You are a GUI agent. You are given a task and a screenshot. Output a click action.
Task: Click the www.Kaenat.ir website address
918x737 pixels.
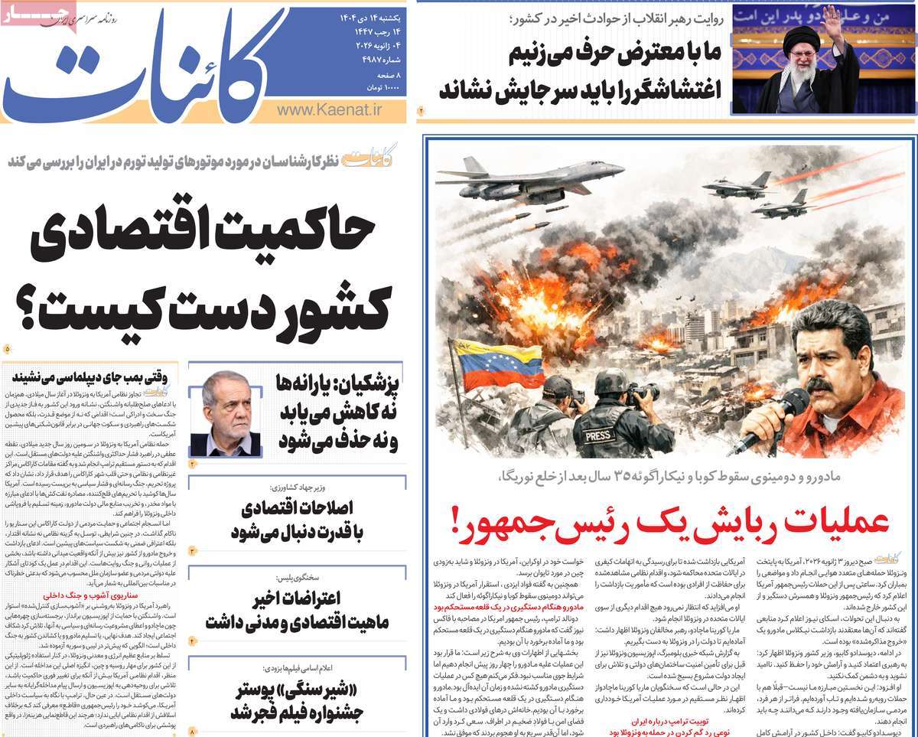click(x=329, y=111)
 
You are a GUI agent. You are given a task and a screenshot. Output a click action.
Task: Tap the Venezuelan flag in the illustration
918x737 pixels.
click(x=489, y=364)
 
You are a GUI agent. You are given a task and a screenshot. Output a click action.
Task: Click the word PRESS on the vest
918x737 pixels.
click(x=598, y=435)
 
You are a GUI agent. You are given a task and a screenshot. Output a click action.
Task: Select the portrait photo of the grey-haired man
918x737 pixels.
click(x=225, y=413)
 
